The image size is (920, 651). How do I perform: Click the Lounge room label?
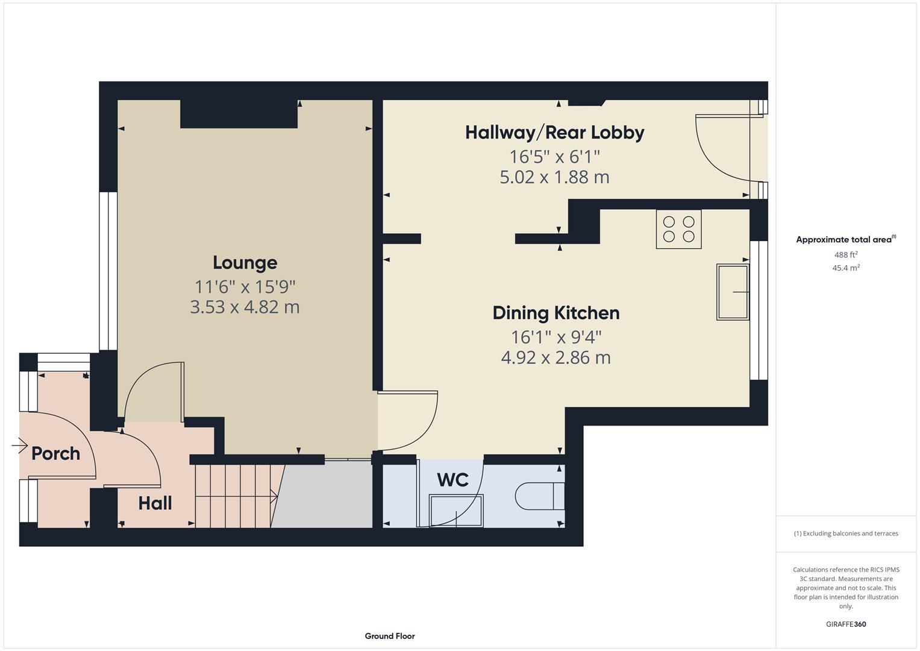click(x=245, y=262)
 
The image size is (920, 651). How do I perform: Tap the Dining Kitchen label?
click(x=555, y=313)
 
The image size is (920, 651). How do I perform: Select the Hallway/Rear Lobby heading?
click(x=554, y=133)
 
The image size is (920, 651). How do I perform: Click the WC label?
click(x=452, y=480)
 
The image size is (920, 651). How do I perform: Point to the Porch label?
click(x=55, y=453)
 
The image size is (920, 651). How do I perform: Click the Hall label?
click(x=155, y=503)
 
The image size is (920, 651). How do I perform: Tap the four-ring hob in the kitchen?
click(x=678, y=229)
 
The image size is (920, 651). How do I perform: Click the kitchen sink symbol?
click(x=733, y=292)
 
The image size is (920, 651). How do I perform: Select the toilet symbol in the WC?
click(x=539, y=496)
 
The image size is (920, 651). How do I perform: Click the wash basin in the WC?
click(x=455, y=510)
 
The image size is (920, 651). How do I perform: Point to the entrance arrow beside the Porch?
click(x=19, y=446)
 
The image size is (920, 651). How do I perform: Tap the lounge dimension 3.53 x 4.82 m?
click(x=245, y=307)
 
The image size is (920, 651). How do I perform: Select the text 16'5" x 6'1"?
click(x=554, y=157)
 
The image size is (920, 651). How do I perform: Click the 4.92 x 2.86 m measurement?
click(x=555, y=357)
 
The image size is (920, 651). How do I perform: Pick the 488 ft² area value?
click(x=845, y=255)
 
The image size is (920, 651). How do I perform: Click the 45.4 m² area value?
click(x=845, y=268)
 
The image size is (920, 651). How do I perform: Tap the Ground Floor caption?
click(x=389, y=636)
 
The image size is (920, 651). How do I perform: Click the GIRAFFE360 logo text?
click(x=845, y=624)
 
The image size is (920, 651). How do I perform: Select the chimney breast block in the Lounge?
click(x=239, y=114)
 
